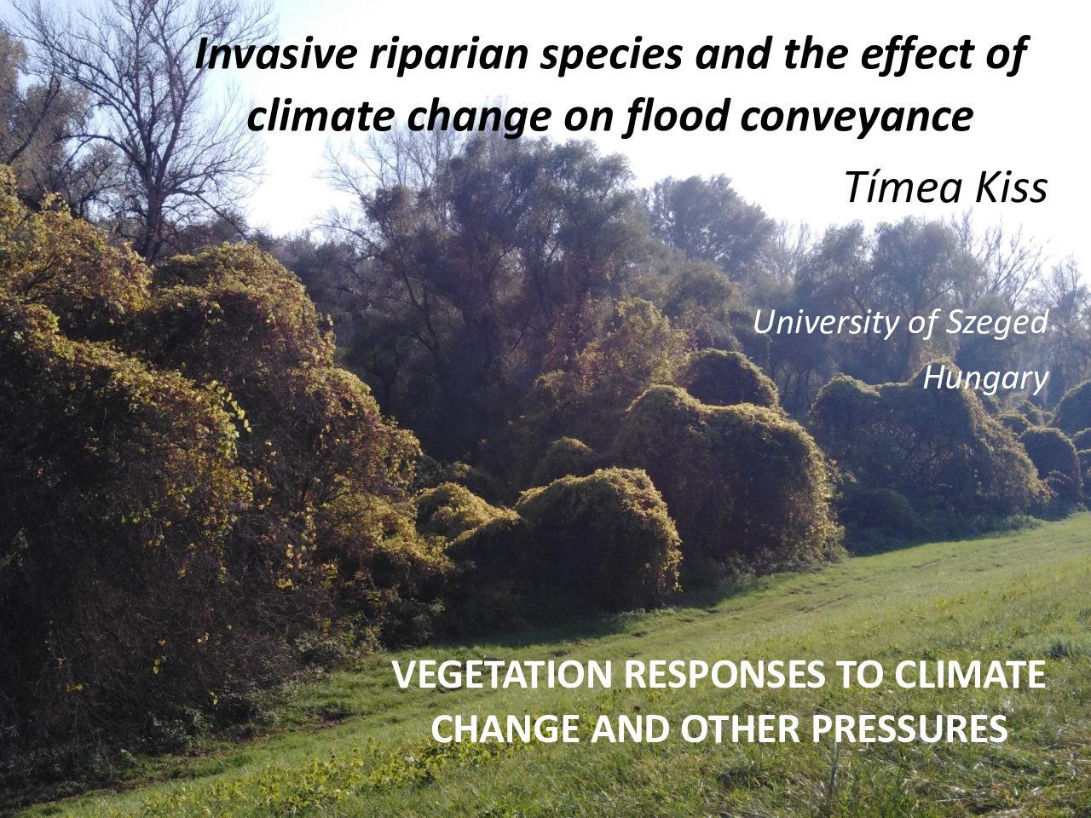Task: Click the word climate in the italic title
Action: (x=320, y=116)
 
